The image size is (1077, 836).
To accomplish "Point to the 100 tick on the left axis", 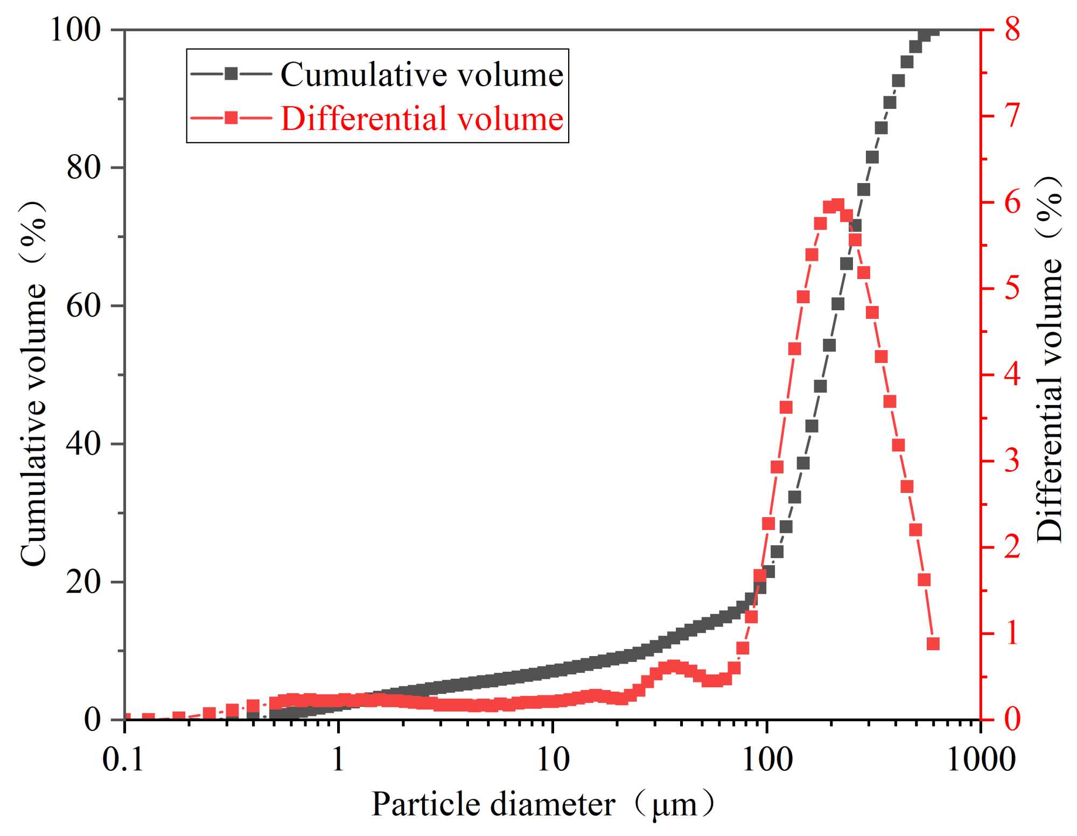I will pos(76,30).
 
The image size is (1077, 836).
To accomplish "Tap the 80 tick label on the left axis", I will pos(84,168).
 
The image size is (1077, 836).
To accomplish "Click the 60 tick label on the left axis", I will pos(84,305).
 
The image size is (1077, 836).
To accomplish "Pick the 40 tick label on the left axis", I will pos(84,444).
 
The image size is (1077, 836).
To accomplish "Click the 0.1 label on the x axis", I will pos(124,760).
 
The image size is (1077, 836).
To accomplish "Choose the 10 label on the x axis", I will pos(553,760).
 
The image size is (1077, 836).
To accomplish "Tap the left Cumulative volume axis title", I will pos(33,384).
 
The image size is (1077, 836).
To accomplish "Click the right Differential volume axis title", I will pos(1049,358).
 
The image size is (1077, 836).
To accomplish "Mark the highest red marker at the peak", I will pos(838,205).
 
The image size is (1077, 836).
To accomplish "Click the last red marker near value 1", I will pos(933,644).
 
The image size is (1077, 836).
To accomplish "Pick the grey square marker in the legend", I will pos(231,74).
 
